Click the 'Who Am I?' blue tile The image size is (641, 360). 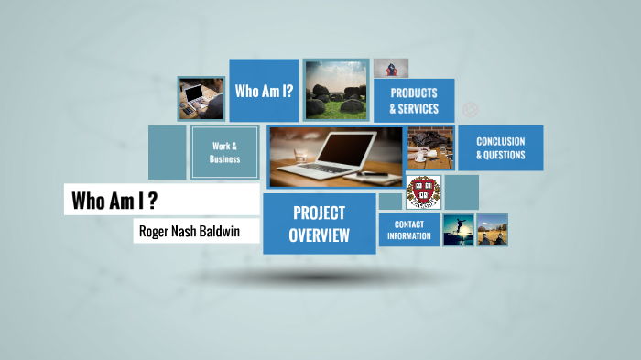[x=264, y=91]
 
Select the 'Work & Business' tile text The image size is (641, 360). [x=224, y=152]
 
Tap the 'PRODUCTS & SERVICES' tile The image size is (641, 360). [x=413, y=101]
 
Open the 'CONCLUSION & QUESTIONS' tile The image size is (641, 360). [x=500, y=148]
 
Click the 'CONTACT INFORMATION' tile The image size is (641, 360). [x=408, y=230]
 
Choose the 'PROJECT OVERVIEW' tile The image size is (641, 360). [x=319, y=224]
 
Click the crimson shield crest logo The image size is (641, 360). [x=423, y=192]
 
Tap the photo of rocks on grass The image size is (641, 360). [x=336, y=89]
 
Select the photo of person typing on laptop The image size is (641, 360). [x=201, y=97]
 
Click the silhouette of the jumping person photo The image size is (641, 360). [x=457, y=230]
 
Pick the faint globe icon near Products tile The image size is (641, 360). [x=470, y=110]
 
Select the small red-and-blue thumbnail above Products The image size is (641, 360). [x=390, y=69]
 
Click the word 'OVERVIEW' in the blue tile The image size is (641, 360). [x=319, y=235]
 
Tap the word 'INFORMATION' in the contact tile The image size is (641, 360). [x=408, y=236]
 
